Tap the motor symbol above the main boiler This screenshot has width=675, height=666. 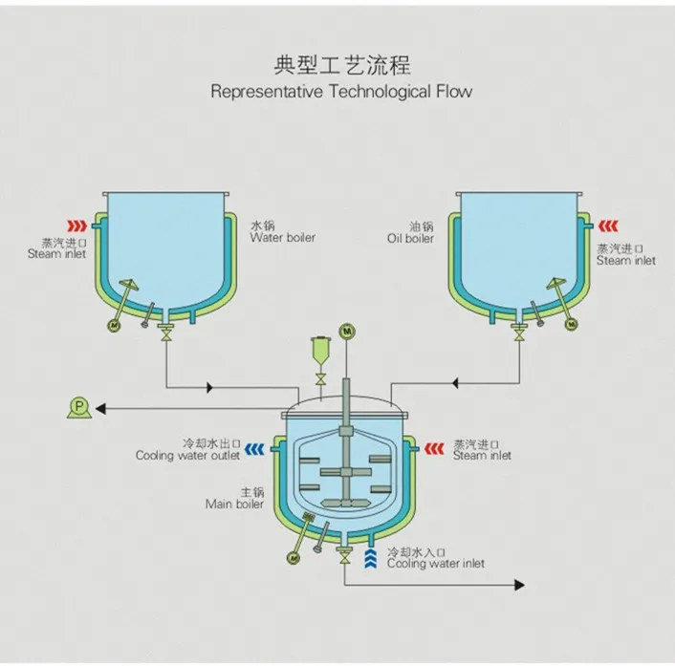346,331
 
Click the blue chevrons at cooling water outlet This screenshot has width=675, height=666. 254,446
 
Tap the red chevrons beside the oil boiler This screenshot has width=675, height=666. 609,226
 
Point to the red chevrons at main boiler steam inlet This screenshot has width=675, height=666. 436,445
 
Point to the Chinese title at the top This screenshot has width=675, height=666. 341,66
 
